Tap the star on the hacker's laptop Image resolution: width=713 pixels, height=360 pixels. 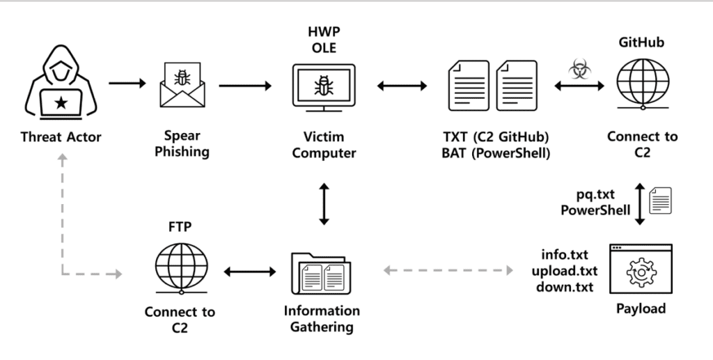tap(61, 103)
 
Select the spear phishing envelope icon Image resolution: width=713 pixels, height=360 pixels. tap(182, 85)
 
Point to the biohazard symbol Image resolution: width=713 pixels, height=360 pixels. tap(579, 69)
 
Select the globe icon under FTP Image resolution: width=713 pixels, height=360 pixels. tap(182, 269)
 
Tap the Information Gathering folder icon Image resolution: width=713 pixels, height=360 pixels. tap(321, 273)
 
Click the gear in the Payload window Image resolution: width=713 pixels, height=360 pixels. tap(641, 272)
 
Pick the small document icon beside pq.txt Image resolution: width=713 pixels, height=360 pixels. tap(660, 201)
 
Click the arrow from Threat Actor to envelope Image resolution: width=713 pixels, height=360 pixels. tap(127, 83)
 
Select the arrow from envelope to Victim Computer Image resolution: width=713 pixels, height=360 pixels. tap(245, 86)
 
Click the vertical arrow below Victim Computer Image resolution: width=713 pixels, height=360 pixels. tap(324, 204)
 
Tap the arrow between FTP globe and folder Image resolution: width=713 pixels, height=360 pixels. tap(250, 272)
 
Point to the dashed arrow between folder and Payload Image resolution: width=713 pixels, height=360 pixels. tap(448, 270)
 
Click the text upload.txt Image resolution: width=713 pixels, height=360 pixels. tap(564, 271)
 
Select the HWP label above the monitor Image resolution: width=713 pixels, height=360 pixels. tap(324, 32)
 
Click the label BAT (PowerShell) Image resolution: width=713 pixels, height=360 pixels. tap(496, 153)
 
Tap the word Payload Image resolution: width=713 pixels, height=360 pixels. tap(641, 308)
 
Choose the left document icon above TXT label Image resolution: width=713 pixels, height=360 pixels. tap(469, 86)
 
